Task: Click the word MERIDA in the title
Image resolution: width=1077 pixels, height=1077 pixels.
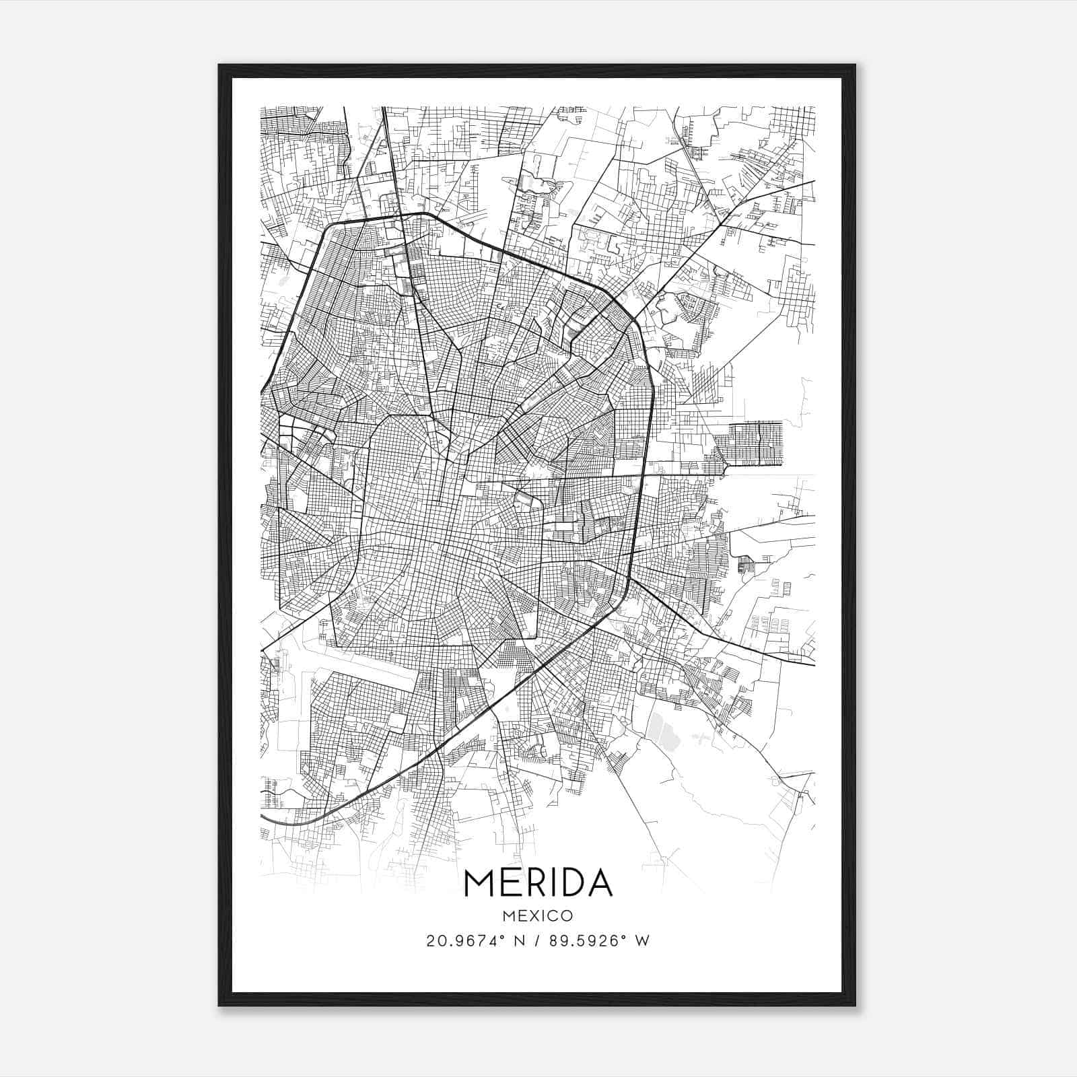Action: point(538,883)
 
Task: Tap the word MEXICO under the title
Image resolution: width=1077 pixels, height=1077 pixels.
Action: point(538,915)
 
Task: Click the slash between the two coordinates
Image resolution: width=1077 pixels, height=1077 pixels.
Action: point(538,941)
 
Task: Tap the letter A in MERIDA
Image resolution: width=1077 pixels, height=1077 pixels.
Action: point(598,883)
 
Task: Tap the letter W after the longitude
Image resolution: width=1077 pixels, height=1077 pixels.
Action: point(643,941)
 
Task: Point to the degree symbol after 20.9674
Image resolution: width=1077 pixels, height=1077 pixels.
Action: point(504,936)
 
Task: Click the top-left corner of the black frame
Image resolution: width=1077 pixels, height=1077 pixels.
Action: point(219,65)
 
